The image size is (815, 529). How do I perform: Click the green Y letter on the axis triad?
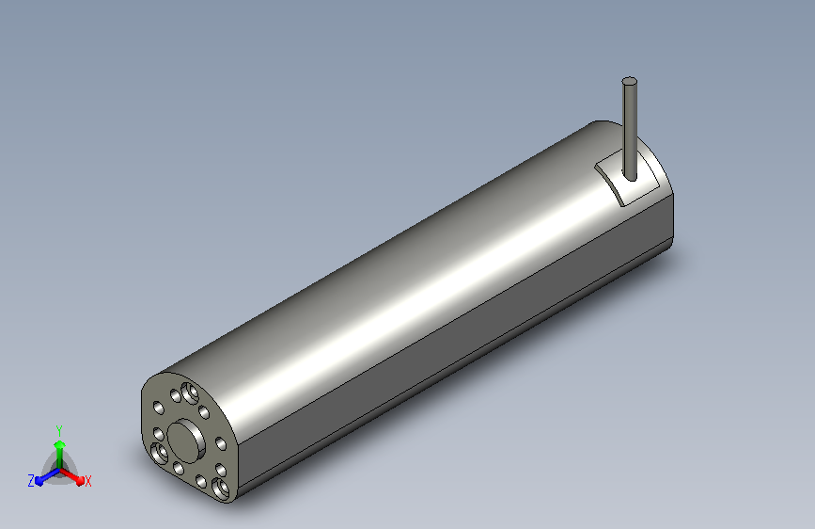[x=59, y=430]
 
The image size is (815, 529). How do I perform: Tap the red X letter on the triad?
[x=87, y=481]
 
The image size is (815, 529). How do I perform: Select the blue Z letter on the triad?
[x=31, y=481]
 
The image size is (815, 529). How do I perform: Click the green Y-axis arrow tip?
[x=59, y=444]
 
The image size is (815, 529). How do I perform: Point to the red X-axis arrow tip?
[x=80, y=481]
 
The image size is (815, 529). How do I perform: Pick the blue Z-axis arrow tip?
[x=39, y=481]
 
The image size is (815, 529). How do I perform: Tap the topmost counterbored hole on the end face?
[x=190, y=393]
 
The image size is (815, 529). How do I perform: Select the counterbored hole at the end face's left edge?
[x=159, y=453]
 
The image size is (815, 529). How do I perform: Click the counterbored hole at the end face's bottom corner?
[x=221, y=489]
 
